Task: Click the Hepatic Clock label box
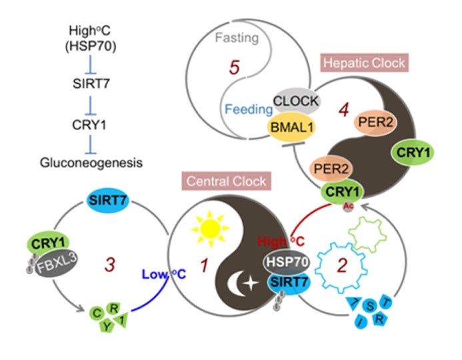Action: click(x=363, y=64)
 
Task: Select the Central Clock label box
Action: click(x=227, y=180)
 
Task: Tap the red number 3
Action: click(x=108, y=265)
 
